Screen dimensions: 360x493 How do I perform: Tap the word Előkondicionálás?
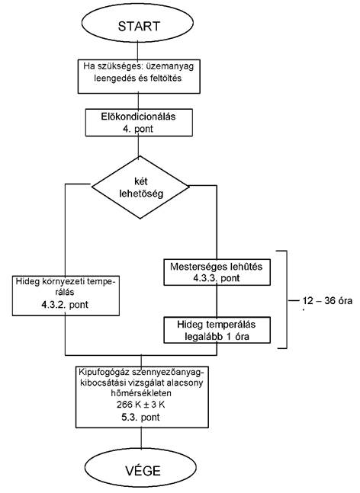pyautogui.click(x=138, y=117)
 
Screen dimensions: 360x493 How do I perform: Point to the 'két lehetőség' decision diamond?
pyautogui.click(x=140, y=187)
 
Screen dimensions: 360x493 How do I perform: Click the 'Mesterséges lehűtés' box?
pyautogui.click(x=217, y=272)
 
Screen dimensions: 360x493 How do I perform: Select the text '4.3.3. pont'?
pyautogui.click(x=217, y=278)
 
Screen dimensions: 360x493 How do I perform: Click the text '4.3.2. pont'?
pyautogui.click(x=65, y=305)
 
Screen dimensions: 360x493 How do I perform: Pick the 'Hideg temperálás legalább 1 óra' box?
pyautogui.click(x=217, y=330)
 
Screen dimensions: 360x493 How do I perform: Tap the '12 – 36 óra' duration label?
pyautogui.click(x=327, y=301)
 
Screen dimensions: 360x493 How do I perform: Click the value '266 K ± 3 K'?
pyautogui.click(x=140, y=405)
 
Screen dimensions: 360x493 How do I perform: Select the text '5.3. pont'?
pyautogui.click(x=140, y=418)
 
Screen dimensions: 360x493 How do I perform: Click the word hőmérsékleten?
pyautogui.click(x=140, y=393)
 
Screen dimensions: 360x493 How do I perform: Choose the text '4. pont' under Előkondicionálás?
pyautogui.click(x=138, y=129)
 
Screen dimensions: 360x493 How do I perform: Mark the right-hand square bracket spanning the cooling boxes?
pyautogui.click(x=287, y=299)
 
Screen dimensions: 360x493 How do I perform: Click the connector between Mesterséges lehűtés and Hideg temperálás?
pyautogui.click(x=217, y=301)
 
